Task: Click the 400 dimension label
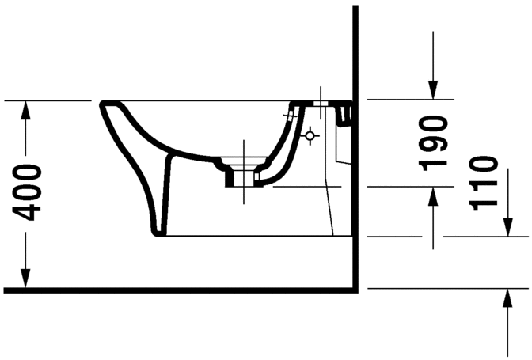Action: click(26, 192)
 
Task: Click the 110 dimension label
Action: click(483, 183)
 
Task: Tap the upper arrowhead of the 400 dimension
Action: click(25, 110)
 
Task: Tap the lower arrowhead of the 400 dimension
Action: click(25, 279)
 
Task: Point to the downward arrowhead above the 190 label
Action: click(432, 90)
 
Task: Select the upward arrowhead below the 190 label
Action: click(432, 196)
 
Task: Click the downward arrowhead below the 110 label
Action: click(508, 227)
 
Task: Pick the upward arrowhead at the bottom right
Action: click(508, 298)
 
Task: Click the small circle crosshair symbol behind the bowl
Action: click(310, 136)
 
